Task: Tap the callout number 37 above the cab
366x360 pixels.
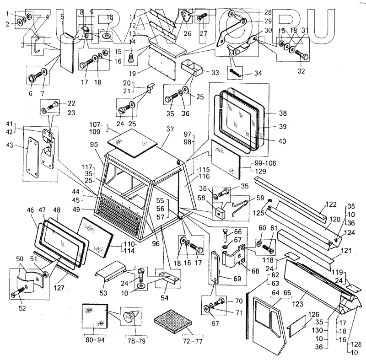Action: coord(170,129)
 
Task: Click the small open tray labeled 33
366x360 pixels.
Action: coord(194,68)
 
